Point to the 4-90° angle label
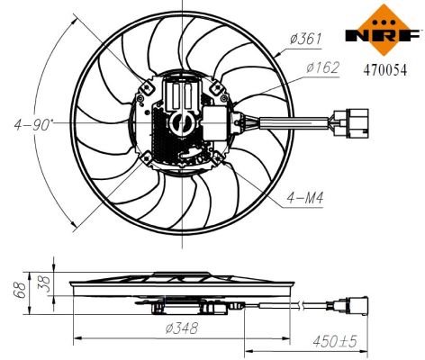tap(31, 122)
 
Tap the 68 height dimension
tap(15, 290)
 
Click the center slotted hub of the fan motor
tap(183, 120)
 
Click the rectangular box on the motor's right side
tap(217, 122)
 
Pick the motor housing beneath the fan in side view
tap(185, 305)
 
